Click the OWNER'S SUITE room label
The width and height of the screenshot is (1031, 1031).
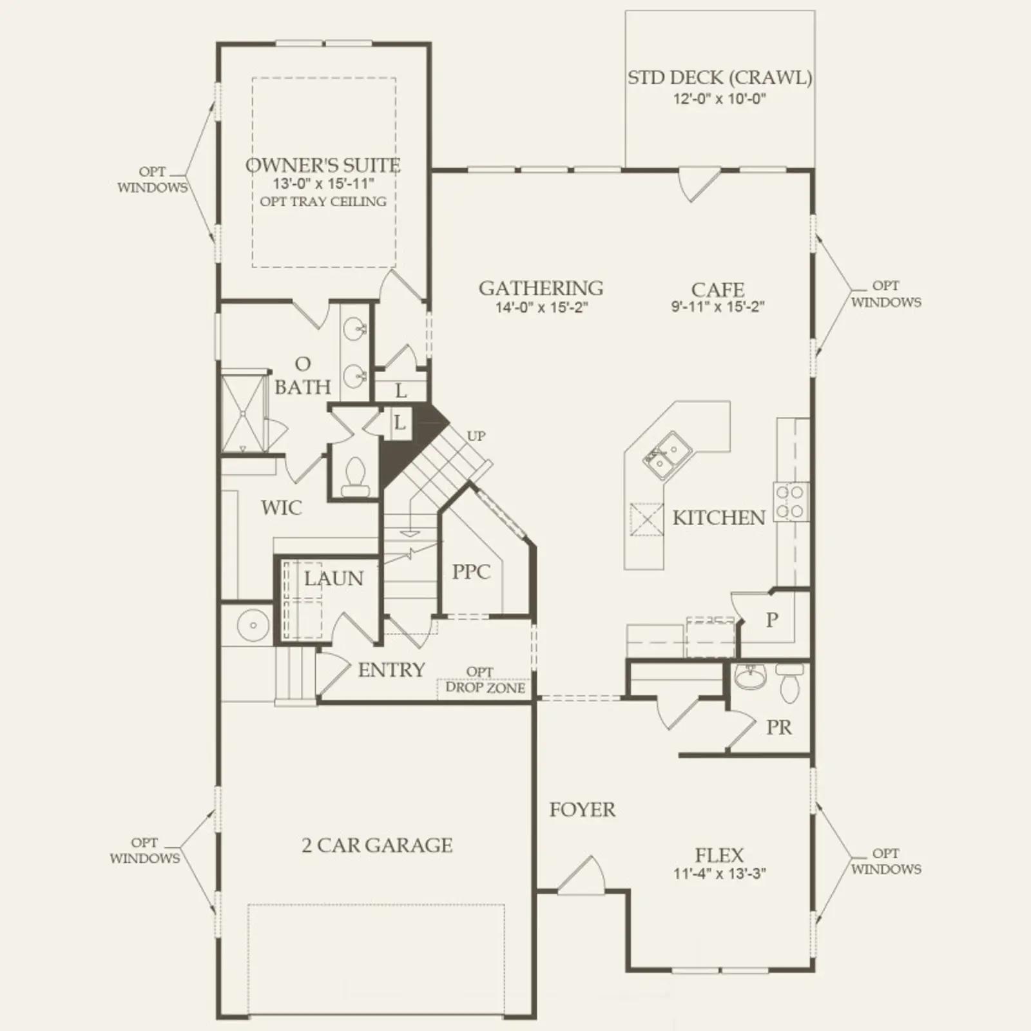coord(323,165)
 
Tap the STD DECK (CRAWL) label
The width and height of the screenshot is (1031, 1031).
coord(720,78)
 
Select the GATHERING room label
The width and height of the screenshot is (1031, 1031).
coord(541,288)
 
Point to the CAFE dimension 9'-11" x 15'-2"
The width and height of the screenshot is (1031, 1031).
coord(718,307)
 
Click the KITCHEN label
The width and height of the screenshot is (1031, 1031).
coord(718,517)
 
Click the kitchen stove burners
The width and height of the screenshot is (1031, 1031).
coord(791,502)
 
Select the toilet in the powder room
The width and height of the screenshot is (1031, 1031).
coord(789,684)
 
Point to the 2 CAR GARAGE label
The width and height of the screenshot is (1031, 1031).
coord(377,845)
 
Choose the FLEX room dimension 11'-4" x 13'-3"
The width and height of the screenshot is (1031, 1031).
coord(720,874)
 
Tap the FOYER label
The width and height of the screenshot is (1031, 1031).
coord(583,809)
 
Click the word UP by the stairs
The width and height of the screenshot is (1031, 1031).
coord(476,436)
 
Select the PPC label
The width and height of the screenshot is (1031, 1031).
coord(471,572)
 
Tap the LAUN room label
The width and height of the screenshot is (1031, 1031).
coord(334,579)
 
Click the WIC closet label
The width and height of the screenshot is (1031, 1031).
coord(282,508)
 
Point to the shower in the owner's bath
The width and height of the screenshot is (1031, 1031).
coord(244,413)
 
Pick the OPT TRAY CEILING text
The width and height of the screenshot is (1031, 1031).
coord(323,202)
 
